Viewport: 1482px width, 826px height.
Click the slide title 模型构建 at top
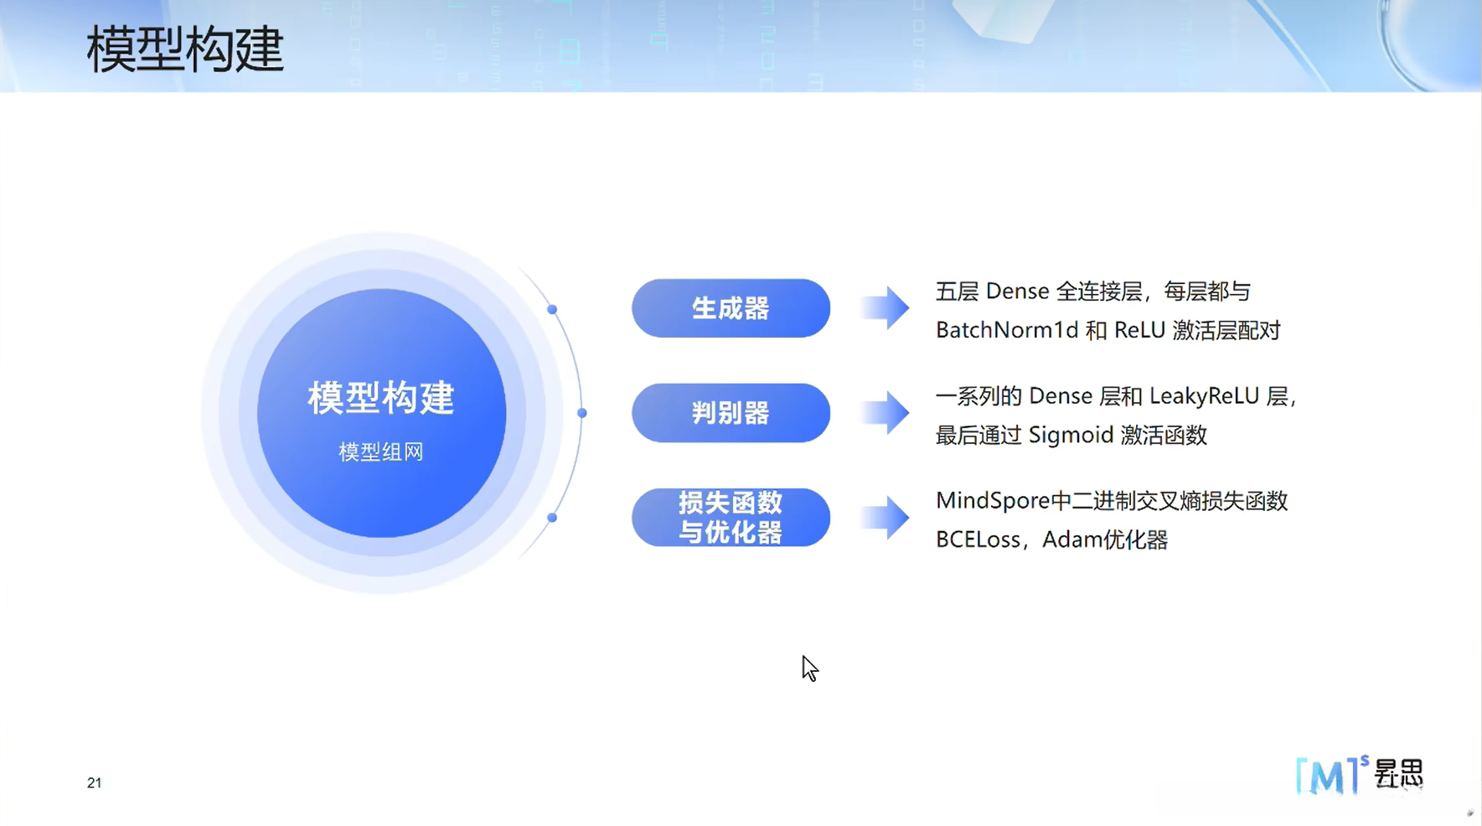click(185, 49)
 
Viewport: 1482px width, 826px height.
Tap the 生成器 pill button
click(731, 308)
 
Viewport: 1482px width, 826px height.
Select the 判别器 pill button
click(731, 413)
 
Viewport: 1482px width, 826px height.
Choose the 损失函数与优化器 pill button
click(731, 518)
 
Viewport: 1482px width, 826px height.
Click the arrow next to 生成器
click(885, 308)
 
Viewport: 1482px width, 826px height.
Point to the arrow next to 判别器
click(885, 413)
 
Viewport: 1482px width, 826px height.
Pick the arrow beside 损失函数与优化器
click(885, 518)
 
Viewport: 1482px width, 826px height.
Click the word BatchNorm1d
click(1007, 330)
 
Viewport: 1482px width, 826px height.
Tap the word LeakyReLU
click(1204, 395)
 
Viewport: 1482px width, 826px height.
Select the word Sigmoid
click(1071, 435)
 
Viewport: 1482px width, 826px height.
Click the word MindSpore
click(993, 501)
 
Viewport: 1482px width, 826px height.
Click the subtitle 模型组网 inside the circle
click(381, 452)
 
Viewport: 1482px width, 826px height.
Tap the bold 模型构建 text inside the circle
click(381, 397)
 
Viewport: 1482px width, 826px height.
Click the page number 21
click(94, 782)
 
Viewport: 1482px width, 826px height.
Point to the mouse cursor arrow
click(809, 669)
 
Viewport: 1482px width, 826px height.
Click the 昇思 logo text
click(1398, 773)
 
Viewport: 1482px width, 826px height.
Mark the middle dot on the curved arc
click(582, 413)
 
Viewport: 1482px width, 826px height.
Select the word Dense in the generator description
click(1017, 292)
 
